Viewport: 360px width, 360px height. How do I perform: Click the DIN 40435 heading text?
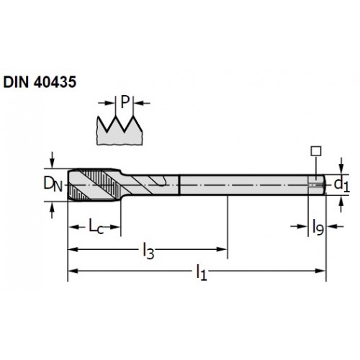click(40, 82)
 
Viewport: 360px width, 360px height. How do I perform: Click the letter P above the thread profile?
click(125, 102)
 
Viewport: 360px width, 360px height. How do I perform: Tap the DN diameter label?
click(53, 184)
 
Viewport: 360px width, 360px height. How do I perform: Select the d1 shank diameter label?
click(342, 185)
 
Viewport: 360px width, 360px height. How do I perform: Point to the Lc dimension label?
click(96, 226)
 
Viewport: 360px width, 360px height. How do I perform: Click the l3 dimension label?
click(148, 251)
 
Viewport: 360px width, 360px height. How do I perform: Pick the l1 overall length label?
click(202, 272)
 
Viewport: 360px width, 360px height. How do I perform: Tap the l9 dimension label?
click(318, 227)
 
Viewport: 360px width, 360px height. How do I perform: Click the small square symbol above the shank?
click(316, 151)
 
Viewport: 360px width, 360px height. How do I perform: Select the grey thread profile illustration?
click(120, 131)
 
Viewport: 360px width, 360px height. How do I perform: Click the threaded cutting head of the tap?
click(94, 184)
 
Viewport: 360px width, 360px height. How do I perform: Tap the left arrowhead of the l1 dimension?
click(73, 271)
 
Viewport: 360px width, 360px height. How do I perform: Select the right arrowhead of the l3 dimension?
click(222, 249)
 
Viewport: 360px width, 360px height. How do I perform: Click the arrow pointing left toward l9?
click(336, 226)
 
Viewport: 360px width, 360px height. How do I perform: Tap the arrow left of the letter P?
click(107, 103)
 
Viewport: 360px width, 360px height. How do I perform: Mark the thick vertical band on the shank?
click(179, 185)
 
